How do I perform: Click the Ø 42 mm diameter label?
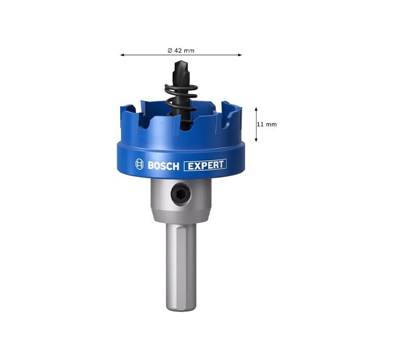coord(181,50)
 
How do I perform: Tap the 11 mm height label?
coord(267,125)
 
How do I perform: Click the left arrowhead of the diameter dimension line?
coord(122,55)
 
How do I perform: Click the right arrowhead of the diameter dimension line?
coord(240,55)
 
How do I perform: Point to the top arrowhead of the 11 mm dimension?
coord(256,109)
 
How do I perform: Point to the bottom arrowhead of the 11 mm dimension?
coord(256,140)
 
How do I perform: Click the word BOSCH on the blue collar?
coord(163,166)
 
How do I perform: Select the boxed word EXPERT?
coord(205,165)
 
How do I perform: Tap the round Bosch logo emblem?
coord(139,164)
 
